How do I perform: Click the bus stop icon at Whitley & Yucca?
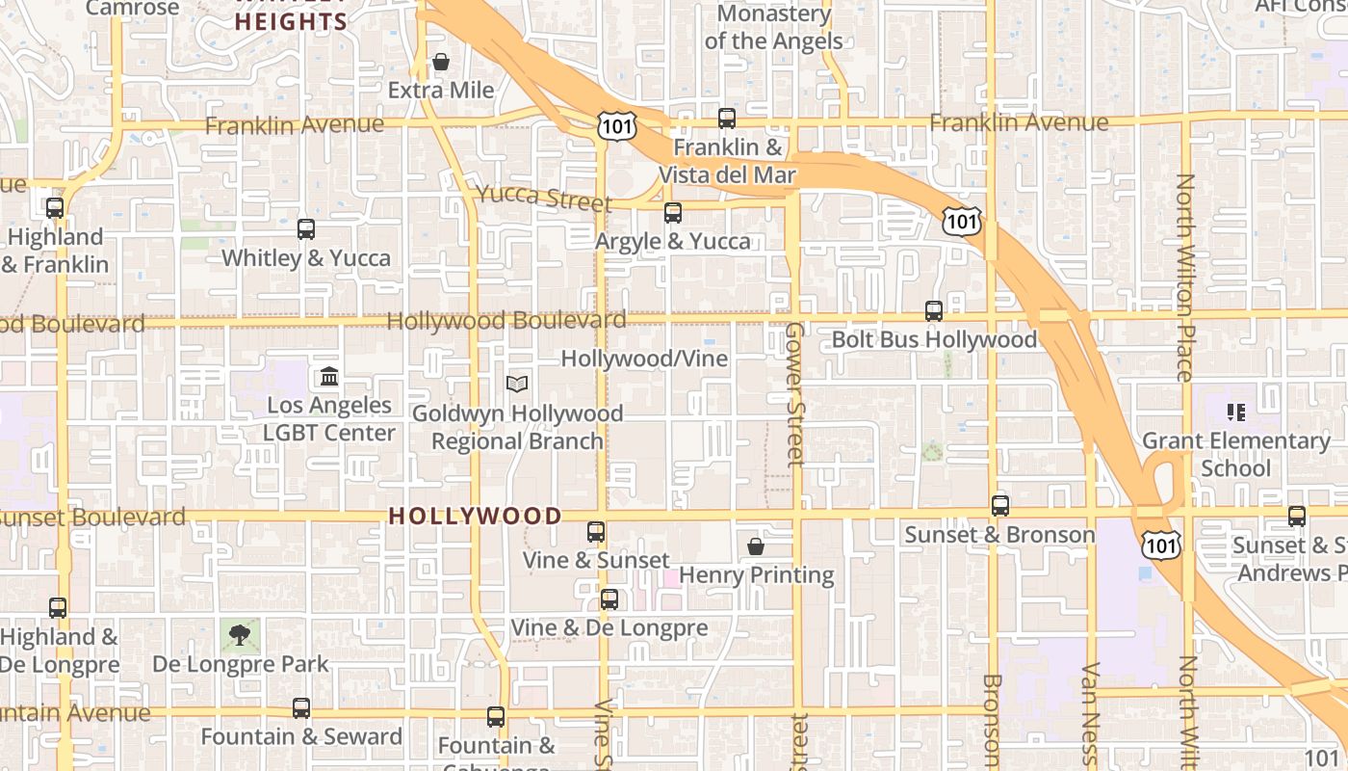(x=306, y=229)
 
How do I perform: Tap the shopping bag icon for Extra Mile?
(x=441, y=63)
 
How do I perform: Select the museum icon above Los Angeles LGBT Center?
(x=329, y=376)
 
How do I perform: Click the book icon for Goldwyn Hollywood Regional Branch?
(x=517, y=385)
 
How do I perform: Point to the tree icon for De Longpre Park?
(x=240, y=634)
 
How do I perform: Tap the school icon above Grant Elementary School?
(x=1237, y=412)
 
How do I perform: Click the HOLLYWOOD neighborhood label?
(x=475, y=517)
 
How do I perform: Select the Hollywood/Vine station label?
(x=644, y=359)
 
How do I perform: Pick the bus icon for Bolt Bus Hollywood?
(x=934, y=311)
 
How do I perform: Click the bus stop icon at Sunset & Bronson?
(x=1000, y=506)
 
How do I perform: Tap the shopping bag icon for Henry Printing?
(x=756, y=546)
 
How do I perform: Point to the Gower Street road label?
(x=794, y=394)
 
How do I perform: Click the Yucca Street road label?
(x=544, y=198)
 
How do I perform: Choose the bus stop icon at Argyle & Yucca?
(x=673, y=213)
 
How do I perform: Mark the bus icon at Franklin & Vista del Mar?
(x=727, y=119)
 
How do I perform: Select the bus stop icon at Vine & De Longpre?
(x=609, y=599)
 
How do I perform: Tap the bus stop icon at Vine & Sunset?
(x=596, y=532)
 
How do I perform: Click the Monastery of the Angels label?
(x=773, y=27)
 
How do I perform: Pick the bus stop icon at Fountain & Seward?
(x=301, y=708)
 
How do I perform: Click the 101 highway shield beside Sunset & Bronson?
(x=1161, y=545)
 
